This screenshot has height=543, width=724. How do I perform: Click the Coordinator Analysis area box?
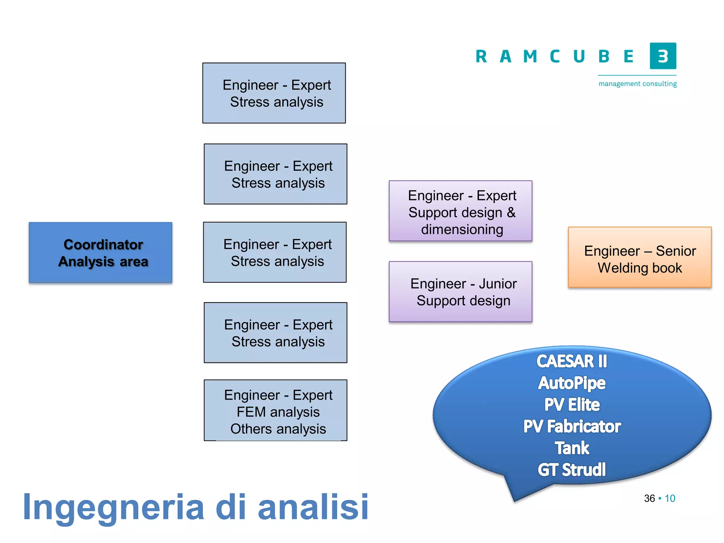tap(100, 252)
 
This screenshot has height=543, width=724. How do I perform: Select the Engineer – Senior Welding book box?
tap(640, 257)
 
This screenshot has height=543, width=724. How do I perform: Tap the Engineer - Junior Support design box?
tap(460, 292)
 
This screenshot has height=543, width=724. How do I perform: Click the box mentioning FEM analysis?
tap(275, 410)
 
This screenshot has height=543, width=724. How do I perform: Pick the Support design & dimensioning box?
tap(460, 211)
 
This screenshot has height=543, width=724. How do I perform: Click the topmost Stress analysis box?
tap(274, 93)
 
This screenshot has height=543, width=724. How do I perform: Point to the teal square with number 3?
tap(663, 56)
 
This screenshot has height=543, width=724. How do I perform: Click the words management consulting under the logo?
tap(637, 84)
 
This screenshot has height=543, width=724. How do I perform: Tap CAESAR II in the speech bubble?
tap(572, 361)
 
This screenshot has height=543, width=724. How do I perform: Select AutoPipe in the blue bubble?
tap(572, 383)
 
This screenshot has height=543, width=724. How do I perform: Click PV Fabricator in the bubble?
tap(572, 426)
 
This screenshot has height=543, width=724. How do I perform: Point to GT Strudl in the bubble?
tap(572, 470)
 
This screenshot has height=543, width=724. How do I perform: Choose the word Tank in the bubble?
tap(572, 448)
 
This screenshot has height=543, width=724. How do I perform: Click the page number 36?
tap(649, 498)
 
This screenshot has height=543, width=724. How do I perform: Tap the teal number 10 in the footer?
tap(670, 498)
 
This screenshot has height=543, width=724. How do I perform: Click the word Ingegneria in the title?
tap(113, 507)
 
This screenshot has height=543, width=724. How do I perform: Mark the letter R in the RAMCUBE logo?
tap(481, 57)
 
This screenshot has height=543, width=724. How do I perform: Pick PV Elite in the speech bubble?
tap(572, 405)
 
